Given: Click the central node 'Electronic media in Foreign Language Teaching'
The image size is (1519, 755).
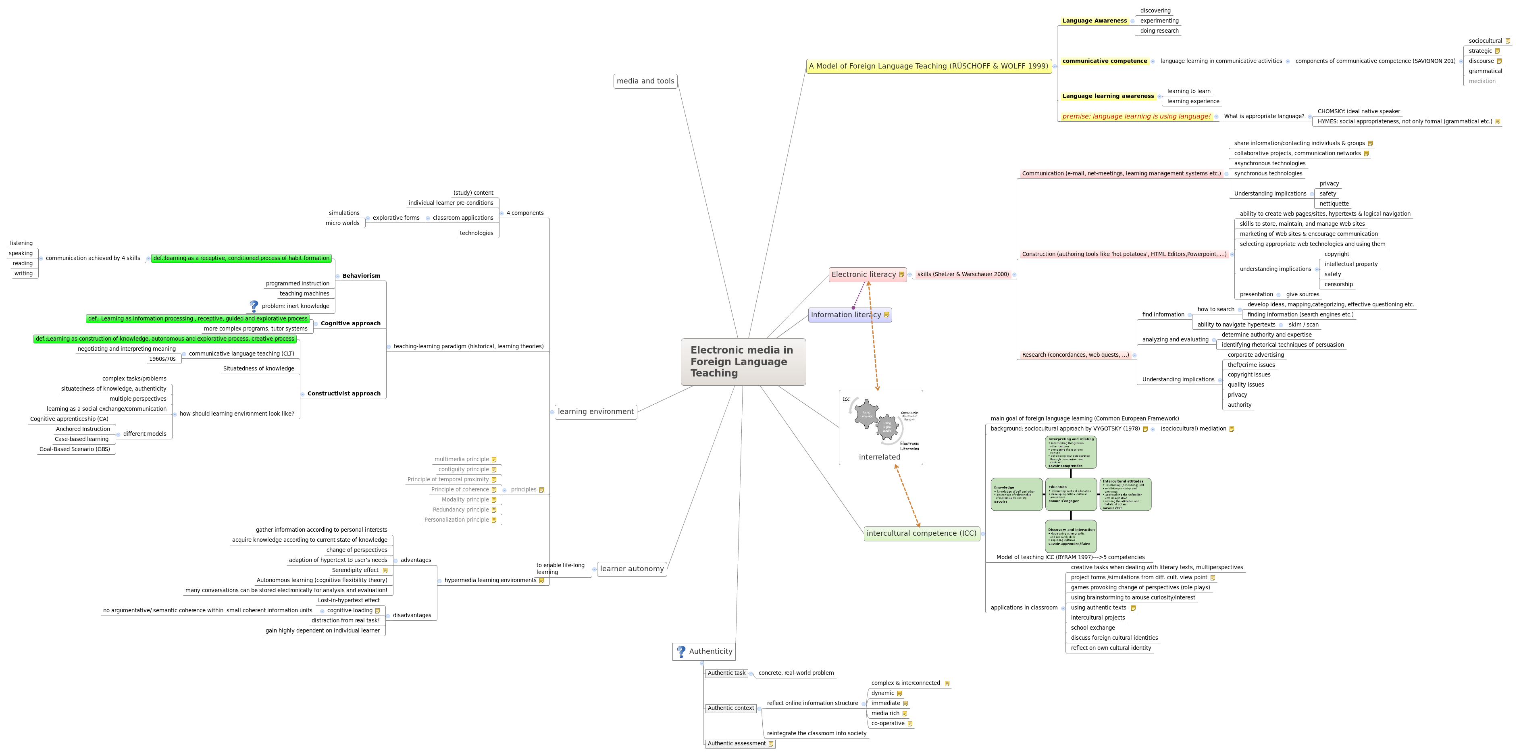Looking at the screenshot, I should point(743,362).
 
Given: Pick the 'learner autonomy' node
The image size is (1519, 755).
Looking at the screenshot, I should point(632,569).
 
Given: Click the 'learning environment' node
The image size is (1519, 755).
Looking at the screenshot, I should point(595,412).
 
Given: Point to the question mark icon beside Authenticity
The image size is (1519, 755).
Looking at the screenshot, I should point(681,651).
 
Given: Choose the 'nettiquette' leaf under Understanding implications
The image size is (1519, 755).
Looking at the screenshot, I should point(1334,204).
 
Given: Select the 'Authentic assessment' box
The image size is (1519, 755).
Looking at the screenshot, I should point(737,744).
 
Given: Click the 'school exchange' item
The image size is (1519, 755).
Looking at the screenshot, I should point(1092,628).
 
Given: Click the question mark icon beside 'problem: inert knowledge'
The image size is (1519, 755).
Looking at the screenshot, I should point(254,306).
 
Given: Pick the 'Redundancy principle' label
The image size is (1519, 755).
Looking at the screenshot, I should point(460,510).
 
